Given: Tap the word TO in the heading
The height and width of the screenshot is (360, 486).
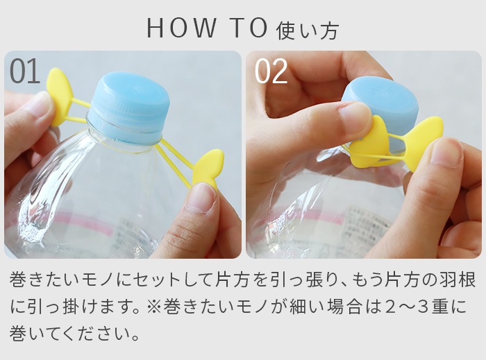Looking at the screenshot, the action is click(249, 28).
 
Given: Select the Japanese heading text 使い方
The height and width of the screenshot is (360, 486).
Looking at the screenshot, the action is click(308, 31).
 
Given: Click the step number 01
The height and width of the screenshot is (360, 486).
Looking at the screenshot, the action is click(25, 71).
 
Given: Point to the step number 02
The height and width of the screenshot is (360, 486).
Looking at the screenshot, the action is click(271, 71).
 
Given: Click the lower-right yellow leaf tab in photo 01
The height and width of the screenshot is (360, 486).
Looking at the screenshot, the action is click(208, 169).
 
